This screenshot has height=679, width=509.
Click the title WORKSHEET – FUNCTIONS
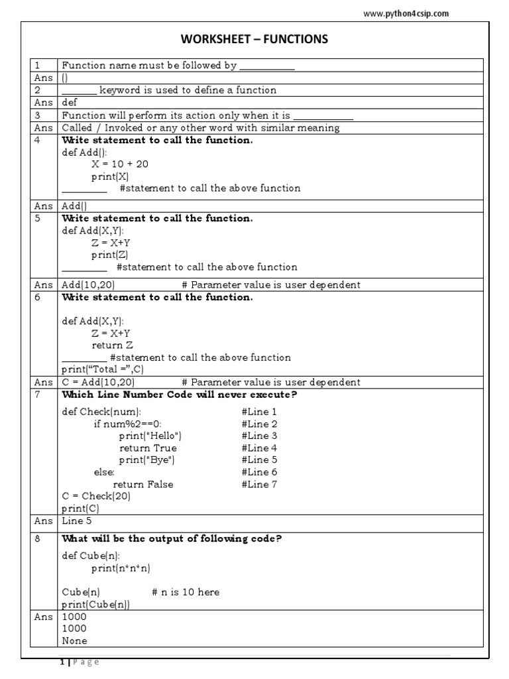254,40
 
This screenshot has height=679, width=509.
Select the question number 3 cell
38,115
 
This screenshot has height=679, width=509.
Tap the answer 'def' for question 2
70,103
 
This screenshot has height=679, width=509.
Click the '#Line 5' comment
260,460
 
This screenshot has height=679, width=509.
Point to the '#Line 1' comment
260,412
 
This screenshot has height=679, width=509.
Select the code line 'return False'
143,484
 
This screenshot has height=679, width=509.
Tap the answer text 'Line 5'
77,521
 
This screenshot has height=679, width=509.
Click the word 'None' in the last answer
74,641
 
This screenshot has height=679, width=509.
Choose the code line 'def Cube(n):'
91,556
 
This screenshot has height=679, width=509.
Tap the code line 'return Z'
113,345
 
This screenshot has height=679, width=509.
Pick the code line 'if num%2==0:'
127,424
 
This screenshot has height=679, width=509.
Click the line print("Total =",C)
103,369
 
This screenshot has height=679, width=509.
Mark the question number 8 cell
38,538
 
